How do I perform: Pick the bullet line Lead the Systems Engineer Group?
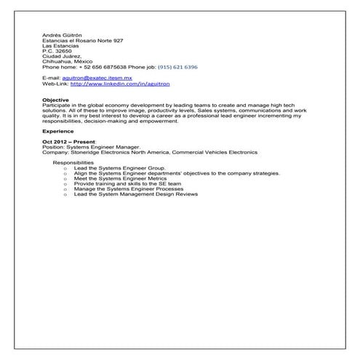click(x=119, y=168)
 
